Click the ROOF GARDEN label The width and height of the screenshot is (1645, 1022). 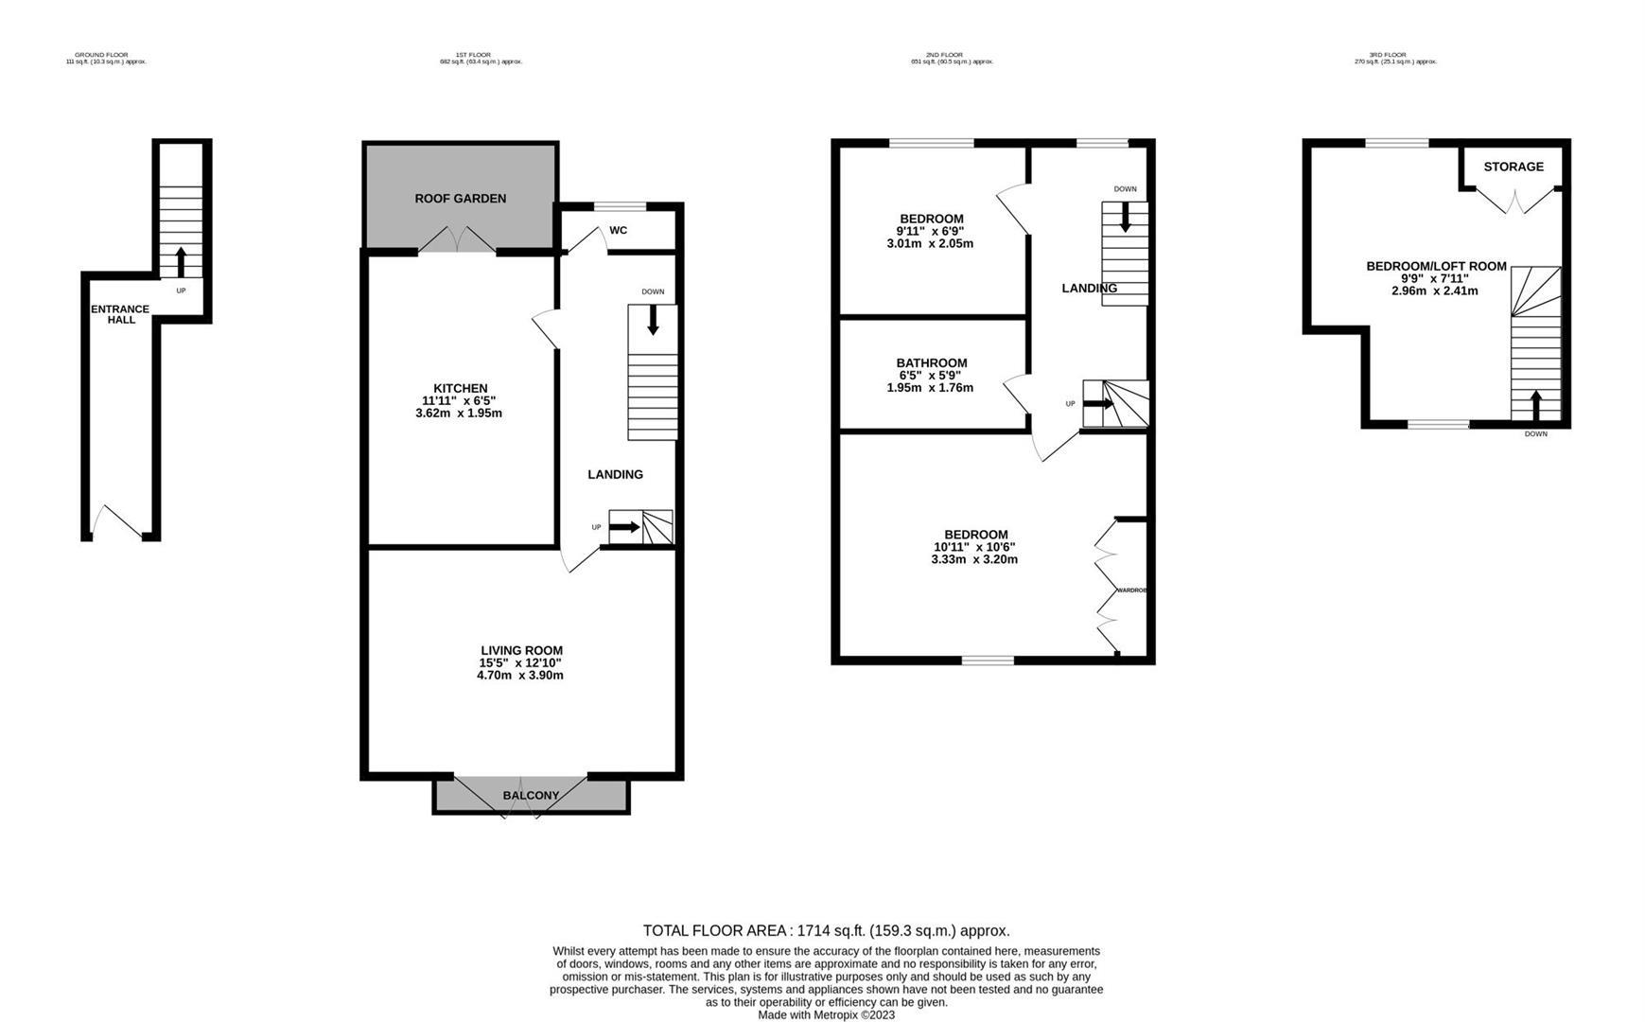460,199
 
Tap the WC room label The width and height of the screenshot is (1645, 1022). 618,230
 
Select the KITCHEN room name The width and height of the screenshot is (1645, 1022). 460,388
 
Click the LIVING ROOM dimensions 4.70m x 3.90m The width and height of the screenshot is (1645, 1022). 520,676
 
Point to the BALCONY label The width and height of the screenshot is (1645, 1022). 531,796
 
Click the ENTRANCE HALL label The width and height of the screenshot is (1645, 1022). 120,314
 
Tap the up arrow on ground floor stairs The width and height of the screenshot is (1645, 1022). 181,262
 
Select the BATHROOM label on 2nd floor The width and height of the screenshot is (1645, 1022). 932,363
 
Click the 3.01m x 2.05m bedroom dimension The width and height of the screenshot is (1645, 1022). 930,244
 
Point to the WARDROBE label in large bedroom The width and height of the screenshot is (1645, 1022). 1131,590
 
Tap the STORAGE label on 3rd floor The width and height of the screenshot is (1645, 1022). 1514,167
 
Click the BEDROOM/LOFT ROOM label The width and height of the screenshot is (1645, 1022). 1436,267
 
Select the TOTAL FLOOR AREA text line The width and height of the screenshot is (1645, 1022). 826,931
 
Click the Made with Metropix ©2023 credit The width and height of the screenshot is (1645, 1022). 826,1015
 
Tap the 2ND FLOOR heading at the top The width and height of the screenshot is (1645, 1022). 944,55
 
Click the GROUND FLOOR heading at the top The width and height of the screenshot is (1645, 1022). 101,55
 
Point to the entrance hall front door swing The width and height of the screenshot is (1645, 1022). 117,521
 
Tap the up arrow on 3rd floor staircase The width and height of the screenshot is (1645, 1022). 1534,405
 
